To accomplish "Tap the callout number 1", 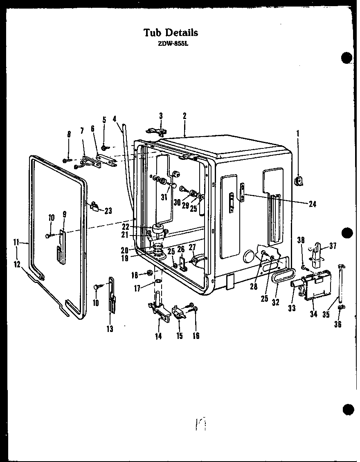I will [x=297, y=133].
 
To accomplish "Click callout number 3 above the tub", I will [x=161, y=116].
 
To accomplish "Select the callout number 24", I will [x=313, y=204].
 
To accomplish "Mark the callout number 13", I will [x=110, y=328].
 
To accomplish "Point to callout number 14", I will [x=158, y=336].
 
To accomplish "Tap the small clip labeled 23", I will [x=96, y=206].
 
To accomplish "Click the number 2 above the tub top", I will [x=184, y=116].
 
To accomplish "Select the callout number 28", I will [x=254, y=287].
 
